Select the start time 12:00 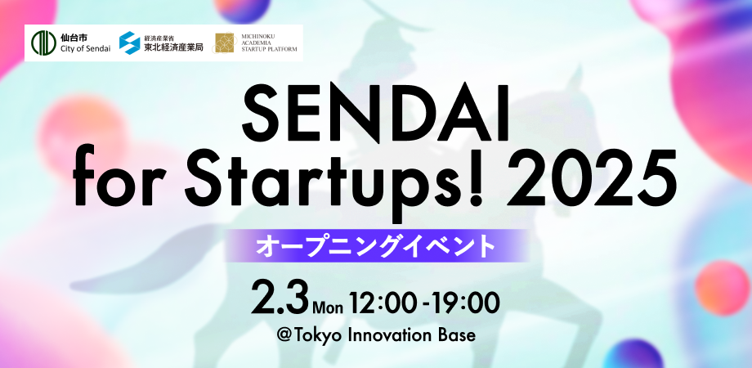(x=385, y=302)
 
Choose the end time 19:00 (x=464, y=302)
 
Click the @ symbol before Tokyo (x=285, y=335)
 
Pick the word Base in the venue (x=457, y=335)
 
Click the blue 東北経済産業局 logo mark (x=130, y=43)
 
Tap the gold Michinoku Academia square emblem (x=225, y=43)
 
